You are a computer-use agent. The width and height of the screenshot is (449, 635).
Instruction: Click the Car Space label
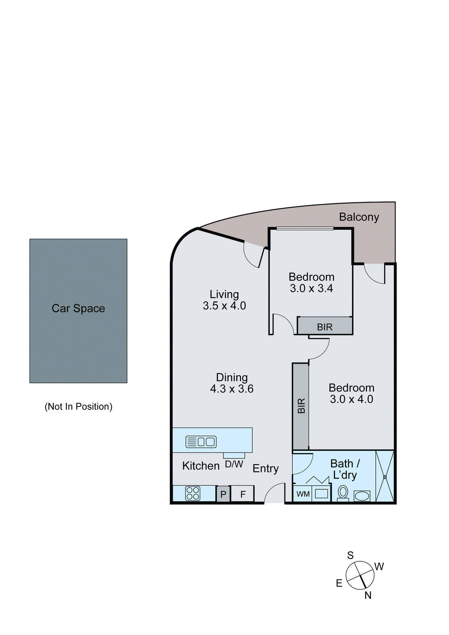pyautogui.click(x=78, y=308)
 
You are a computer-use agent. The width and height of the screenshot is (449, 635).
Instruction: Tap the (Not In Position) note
pyautogui.click(x=78, y=406)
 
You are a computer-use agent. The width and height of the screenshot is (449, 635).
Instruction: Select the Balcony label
pyautogui.click(x=359, y=217)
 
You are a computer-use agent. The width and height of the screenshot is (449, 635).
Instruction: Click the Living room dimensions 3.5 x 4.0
pyautogui.click(x=224, y=306)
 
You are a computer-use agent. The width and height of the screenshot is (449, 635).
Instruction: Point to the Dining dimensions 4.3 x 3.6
pyautogui.click(x=232, y=389)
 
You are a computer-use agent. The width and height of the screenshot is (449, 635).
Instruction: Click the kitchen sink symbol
pyautogui.click(x=201, y=442)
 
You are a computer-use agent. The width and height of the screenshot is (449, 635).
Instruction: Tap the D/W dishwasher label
pyautogui.click(x=234, y=464)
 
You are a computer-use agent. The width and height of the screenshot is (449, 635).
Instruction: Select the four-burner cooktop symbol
pyautogui.click(x=193, y=493)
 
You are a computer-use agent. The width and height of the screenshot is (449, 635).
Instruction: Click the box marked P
pyautogui.click(x=223, y=494)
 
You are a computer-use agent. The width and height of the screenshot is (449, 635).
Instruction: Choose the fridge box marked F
pyautogui.click(x=243, y=494)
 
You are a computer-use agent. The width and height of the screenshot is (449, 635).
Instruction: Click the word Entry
pyautogui.click(x=265, y=469)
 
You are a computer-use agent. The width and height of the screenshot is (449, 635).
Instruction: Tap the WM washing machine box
pyautogui.click(x=303, y=494)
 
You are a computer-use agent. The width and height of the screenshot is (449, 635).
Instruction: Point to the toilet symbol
pyautogui.click(x=343, y=493)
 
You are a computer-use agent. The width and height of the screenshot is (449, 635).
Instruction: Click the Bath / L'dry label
pyautogui.click(x=345, y=469)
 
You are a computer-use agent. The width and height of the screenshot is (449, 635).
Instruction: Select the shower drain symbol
pyautogui.click(x=384, y=477)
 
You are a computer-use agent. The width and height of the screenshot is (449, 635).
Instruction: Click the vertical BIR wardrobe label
pyautogui.click(x=301, y=406)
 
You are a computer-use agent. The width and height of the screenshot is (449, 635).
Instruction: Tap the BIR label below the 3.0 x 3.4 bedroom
pyautogui.click(x=324, y=327)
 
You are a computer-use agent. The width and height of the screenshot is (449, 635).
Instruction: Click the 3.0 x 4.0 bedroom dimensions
pyautogui.click(x=351, y=399)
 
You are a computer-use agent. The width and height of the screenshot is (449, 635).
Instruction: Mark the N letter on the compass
pyautogui.click(x=368, y=595)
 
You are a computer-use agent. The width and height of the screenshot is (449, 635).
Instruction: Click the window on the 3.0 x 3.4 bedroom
pyautogui.click(x=305, y=228)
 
